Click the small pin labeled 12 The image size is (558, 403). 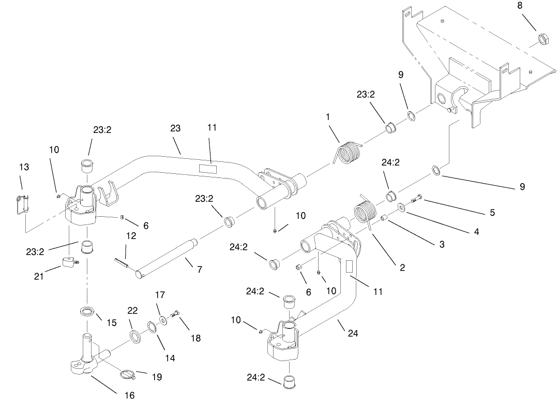[x=122, y=262]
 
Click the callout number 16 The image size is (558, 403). [x=129, y=395]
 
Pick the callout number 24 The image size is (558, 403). [x=353, y=333]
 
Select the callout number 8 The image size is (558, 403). [x=519, y=6]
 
